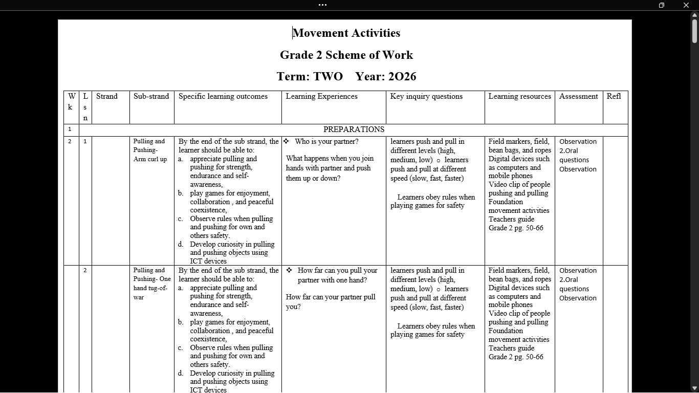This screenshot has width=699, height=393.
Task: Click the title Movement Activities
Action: point(346,33)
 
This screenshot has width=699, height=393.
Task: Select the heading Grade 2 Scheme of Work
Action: point(346,55)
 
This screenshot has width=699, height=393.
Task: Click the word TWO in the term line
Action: point(328,77)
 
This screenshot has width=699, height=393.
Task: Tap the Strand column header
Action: point(107,96)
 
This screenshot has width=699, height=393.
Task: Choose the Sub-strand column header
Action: point(151,96)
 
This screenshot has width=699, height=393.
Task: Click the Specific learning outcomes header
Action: point(223,96)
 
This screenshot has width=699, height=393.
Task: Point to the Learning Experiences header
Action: point(321,96)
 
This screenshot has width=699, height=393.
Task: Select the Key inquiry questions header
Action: point(426,96)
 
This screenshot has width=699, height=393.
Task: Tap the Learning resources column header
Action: point(519,96)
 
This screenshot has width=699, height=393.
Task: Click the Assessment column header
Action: point(578,96)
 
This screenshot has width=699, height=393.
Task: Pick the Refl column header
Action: point(614,96)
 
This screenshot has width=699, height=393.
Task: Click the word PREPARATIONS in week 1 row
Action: point(354,129)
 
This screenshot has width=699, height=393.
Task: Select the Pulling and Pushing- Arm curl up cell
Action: point(150,150)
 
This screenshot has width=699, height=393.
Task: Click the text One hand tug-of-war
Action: point(151,288)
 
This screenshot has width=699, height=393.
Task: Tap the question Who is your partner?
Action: point(326,141)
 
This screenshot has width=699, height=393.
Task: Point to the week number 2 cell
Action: point(70,141)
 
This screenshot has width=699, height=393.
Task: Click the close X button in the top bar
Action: point(686,5)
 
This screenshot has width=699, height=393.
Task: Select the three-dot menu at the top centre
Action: point(322,5)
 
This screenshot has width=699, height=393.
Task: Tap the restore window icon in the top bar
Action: point(661,5)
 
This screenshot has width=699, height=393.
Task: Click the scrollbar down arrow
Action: point(694,388)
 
